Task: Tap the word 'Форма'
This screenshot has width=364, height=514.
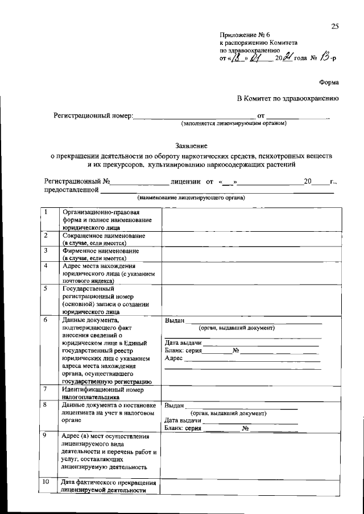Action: (x=330, y=81)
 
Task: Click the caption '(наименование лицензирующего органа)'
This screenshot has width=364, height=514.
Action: (x=191, y=198)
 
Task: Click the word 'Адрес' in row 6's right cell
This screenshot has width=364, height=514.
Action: (x=174, y=359)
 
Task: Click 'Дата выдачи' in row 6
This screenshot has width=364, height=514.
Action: (x=183, y=343)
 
